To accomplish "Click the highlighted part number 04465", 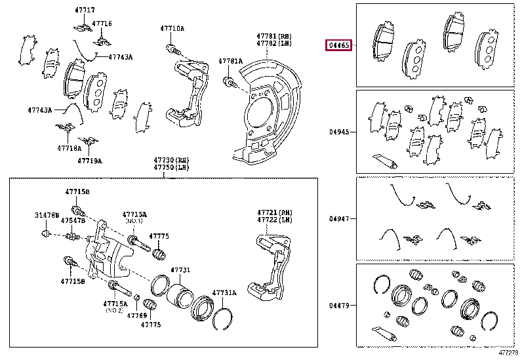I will (340, 46).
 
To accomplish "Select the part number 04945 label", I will (340, 132).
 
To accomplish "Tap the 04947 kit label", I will (340, 218).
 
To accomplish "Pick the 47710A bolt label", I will (173, 28).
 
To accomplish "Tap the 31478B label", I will (47, 215).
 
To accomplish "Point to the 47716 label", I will (102, 24).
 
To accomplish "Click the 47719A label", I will (89, 160).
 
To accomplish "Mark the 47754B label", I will (73, 221).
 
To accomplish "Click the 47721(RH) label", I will (274, 213).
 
